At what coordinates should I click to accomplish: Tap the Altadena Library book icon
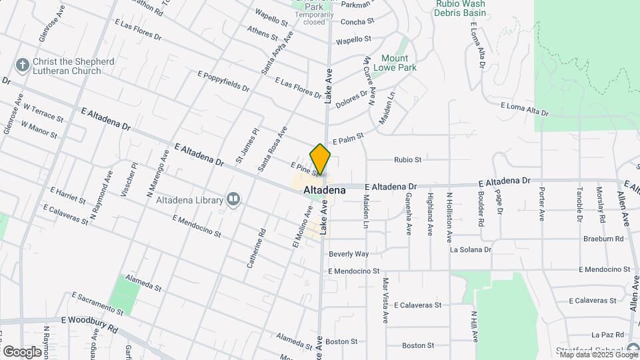(233, 199)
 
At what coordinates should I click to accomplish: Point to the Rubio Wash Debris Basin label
(460, 8)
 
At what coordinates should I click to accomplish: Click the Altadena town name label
(325, 190)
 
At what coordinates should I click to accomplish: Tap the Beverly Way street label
(349, 254)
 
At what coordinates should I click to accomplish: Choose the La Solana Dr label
(471, 249)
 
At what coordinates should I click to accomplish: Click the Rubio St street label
(408, 160)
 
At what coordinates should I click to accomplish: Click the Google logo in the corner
(22, 351)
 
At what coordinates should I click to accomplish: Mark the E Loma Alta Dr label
(524, 109)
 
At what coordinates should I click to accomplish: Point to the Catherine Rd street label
(256, 248)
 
